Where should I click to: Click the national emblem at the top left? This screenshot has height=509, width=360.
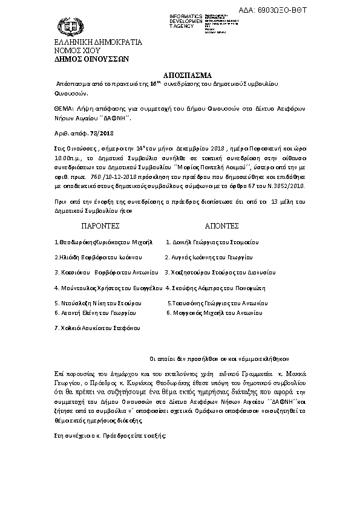(67, 27)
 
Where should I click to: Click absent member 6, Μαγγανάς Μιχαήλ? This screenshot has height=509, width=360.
(213, 313)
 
